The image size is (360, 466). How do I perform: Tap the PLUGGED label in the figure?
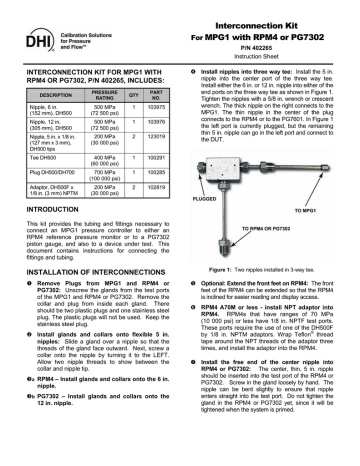pos(206,198)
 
